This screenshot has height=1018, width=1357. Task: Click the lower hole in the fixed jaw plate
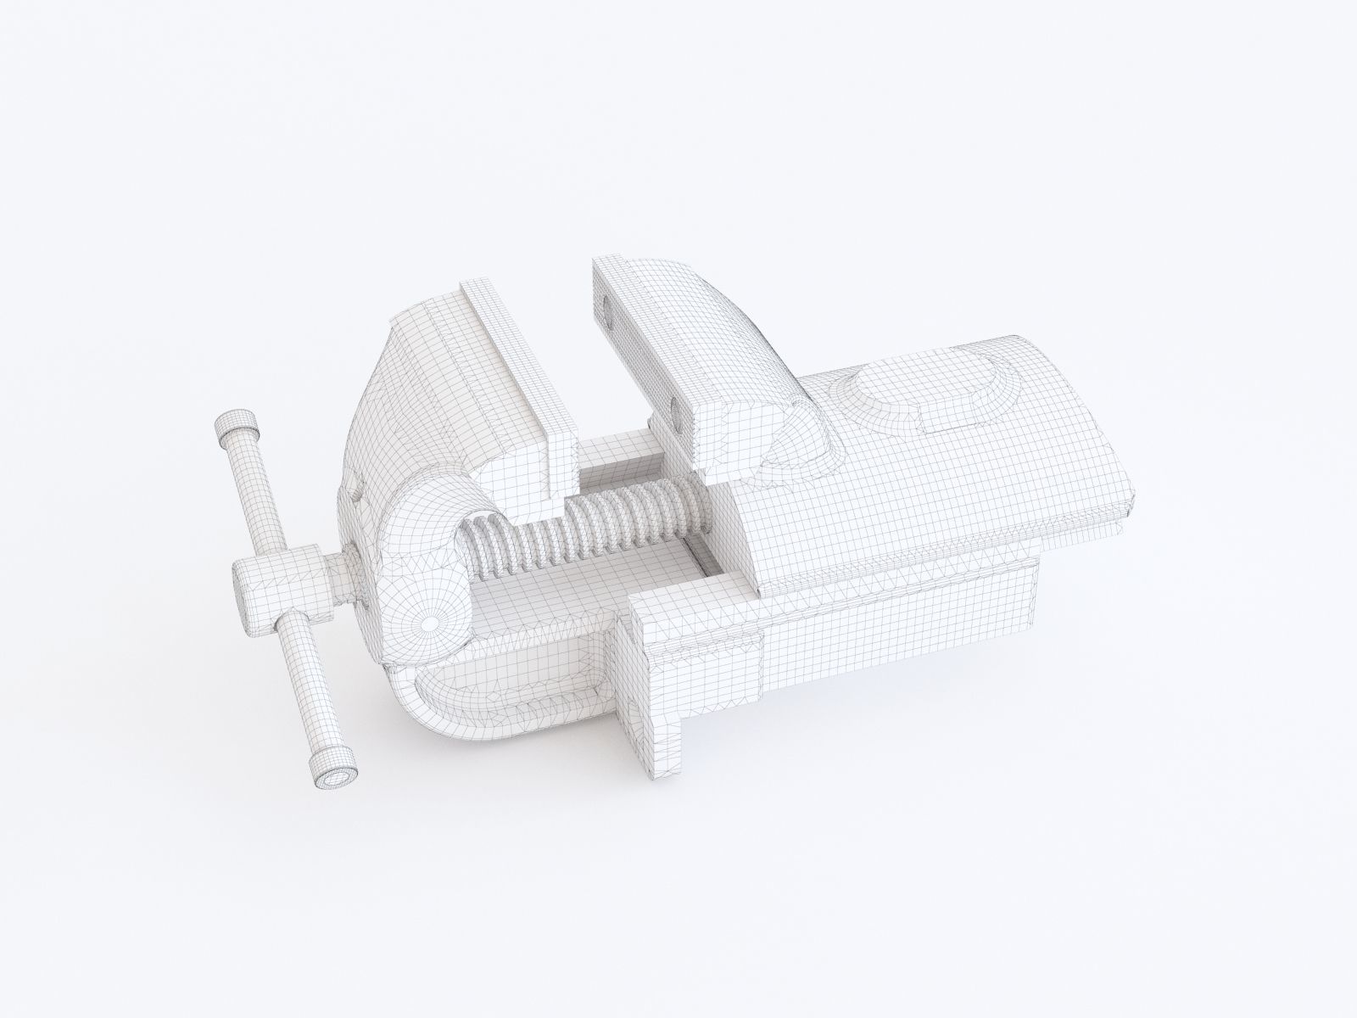pos(676,415)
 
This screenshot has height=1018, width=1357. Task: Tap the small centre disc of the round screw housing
pos(430,622)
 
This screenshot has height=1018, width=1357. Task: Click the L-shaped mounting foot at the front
pos(653,670)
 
